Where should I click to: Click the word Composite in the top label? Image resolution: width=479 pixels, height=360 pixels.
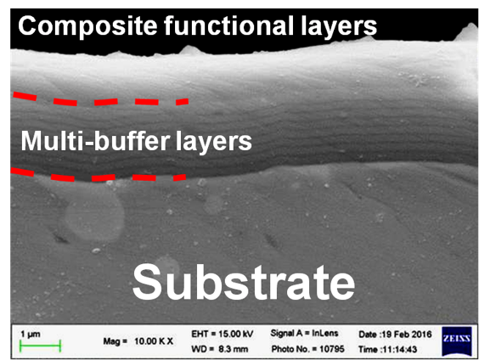88,26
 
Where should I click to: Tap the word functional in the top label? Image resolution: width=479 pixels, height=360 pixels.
228,25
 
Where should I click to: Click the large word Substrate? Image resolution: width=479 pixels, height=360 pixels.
244,283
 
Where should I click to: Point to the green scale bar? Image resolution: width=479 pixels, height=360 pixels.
40,346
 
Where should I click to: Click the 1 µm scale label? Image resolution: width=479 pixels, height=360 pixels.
31,334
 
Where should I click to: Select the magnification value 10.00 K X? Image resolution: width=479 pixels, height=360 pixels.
154,341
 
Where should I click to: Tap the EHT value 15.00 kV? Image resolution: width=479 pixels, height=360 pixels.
236,334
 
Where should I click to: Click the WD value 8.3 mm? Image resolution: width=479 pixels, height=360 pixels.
233,349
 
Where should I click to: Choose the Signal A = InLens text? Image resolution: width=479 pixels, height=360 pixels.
304,333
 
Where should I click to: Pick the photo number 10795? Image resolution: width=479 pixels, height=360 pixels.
332,349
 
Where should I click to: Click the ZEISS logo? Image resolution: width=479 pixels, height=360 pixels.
457,341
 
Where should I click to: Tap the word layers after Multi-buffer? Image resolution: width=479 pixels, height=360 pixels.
214,141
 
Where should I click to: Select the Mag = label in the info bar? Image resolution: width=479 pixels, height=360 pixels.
115,341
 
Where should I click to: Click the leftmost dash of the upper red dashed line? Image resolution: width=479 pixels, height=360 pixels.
25,96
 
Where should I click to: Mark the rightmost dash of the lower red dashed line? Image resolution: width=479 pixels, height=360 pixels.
180,177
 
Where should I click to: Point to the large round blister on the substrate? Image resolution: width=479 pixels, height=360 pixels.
94,216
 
